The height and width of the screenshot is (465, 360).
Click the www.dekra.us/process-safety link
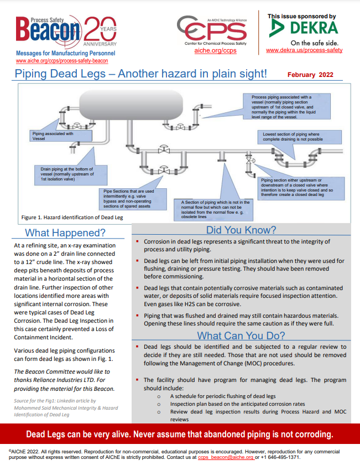pyautogui.click(x=304, y=50)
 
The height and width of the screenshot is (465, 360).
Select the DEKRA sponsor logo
pyautogui.click(x=304, y=28)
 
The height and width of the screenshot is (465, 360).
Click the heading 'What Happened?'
pyautogui.click(x=65, y=233)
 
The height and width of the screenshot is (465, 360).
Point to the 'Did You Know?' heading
pyautogui.click(x=241, y=230)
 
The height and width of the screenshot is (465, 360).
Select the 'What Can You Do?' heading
pyautogui.click(x=241, y=335)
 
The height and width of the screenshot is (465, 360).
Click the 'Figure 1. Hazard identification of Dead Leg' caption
pyautogui.click(x=72, y=218)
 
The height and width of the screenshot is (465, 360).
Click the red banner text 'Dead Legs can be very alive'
pyautogui.click(x=180, y=433)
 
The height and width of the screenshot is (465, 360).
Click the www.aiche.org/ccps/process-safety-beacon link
pyautogui.click(x=62, y=60)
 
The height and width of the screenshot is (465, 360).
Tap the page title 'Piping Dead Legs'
pyautogui.click(x=141, y=74)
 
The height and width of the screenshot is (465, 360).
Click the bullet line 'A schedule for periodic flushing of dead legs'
pyautogui.click(x=223, y=396)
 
